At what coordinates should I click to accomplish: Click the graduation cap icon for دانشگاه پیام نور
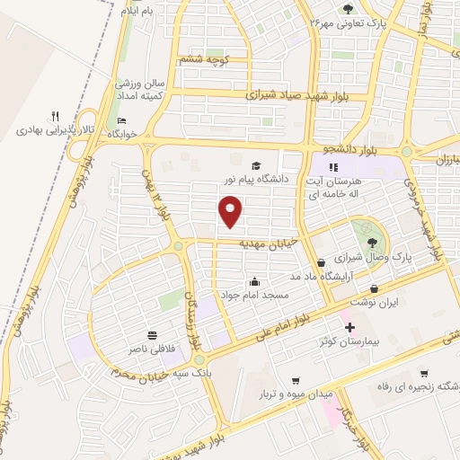(x=257, y=166)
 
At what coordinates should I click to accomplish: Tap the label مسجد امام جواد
(x=255, y=295)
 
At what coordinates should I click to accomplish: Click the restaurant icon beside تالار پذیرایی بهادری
(x=55, y=116)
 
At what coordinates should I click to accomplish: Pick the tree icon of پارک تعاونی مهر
(x=348, y=9)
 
